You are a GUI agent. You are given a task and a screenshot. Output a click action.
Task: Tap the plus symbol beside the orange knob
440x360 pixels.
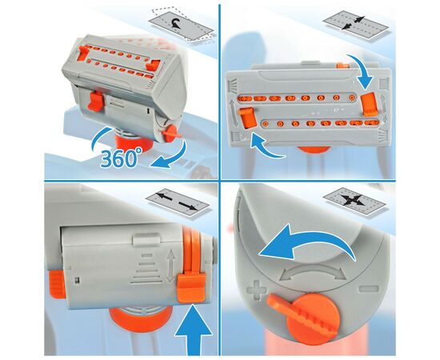tap(256, 290)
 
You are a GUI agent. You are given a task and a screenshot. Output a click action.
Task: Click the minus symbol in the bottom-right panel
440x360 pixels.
tap(369, 289)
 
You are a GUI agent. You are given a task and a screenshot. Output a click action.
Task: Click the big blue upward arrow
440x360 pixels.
tap(193, 332)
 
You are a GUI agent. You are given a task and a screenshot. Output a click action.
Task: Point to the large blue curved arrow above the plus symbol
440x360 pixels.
tap(306, 242)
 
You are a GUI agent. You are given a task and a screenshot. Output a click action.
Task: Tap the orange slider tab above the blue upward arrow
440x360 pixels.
tap(192, 289)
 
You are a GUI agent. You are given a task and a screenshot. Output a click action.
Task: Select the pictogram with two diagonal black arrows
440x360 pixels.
tap(356, 25)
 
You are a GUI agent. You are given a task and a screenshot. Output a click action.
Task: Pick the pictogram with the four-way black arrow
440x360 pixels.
tap(355, 200)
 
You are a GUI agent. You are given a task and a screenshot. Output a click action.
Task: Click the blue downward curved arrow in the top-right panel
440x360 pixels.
tap(361, 70)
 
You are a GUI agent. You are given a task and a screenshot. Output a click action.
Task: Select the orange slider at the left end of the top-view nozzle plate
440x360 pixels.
tap(247, 118)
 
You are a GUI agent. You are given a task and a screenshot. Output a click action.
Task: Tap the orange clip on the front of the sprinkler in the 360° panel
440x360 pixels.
tap(96, 101)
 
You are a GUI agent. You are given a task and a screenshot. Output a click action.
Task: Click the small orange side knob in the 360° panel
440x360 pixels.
tap(170, 134)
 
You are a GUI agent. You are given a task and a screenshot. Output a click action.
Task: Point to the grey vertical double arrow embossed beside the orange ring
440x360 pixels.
tap(170, 266)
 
